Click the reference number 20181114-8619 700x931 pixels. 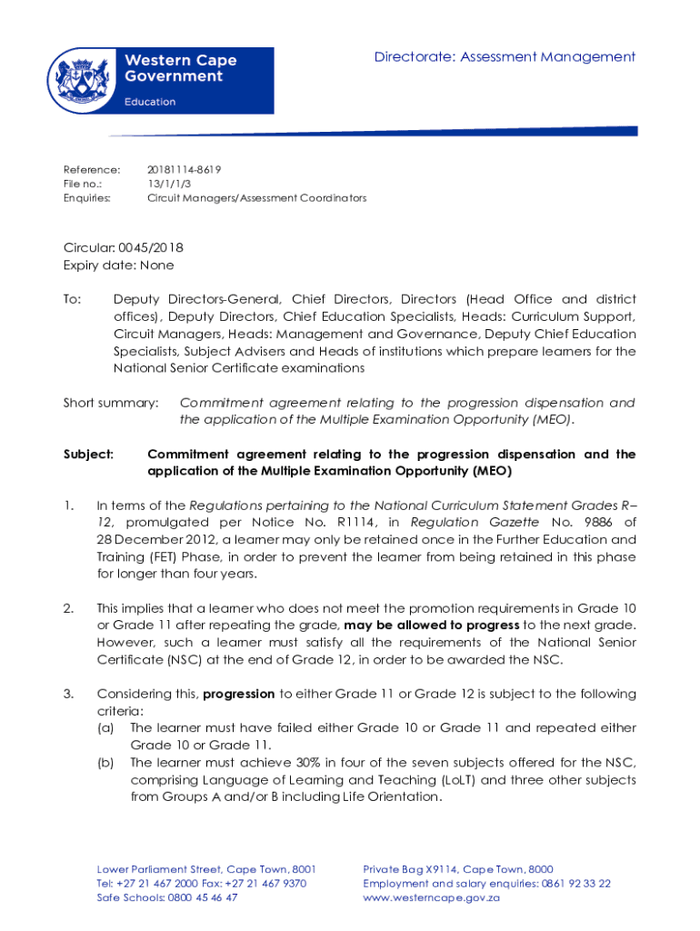pos(184,170)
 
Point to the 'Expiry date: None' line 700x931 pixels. pos(118,265)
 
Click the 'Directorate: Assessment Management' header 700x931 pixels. pos(505,57)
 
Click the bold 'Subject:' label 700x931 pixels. pos(88,454)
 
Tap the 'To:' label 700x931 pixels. pos(72,299)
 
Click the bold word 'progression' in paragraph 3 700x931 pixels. pos(239,694)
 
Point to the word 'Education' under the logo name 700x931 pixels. pos(150,102)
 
